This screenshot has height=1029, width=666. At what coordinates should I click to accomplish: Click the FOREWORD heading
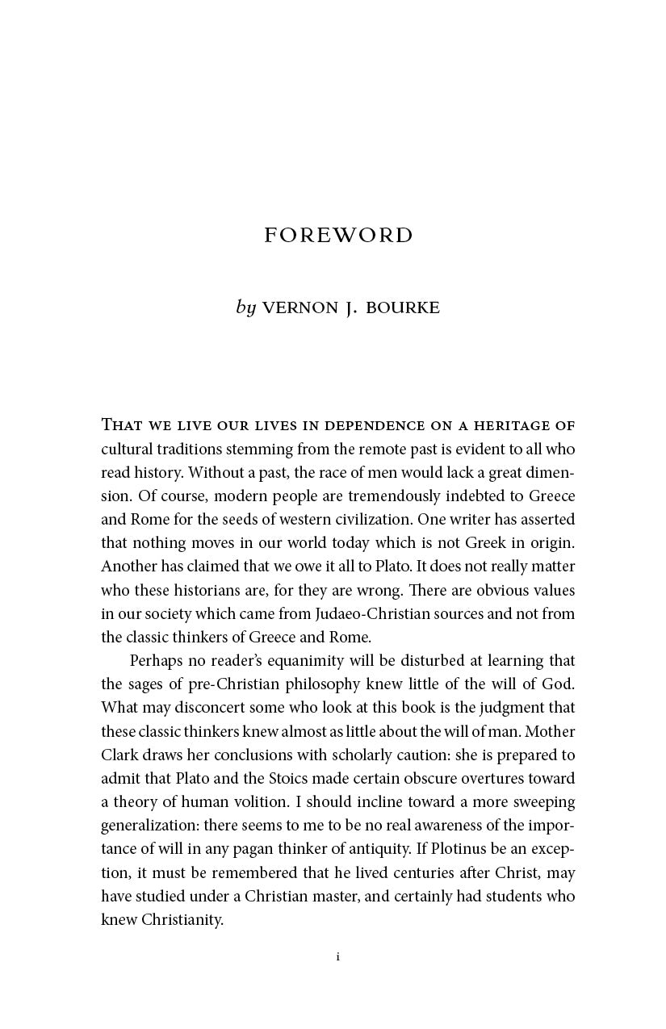tap(338, 235)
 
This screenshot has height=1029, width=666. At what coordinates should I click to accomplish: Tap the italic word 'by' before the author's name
tap(245, 307)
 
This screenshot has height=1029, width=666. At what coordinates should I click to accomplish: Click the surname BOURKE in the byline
tap(403, 307)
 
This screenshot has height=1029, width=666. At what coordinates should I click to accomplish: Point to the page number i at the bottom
tap(337, 956)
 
